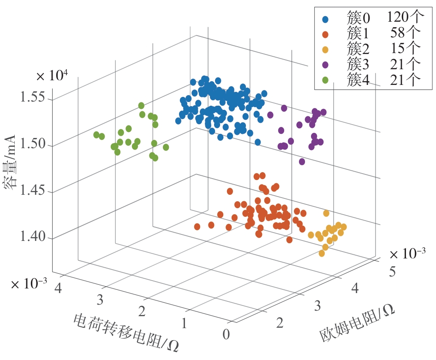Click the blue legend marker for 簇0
(x=326, y=19)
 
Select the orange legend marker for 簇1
(x=326, y=35)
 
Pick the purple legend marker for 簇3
(x=326, y=65)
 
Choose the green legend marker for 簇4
(x=326, y=80)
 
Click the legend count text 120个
(x=405, y=18)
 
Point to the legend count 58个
(x=408, y=34)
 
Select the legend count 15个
(x=408, y=49)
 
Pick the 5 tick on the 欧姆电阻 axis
(x=393, y=271)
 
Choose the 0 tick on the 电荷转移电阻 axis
(x=226, y=334)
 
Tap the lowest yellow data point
(x=322, y=253)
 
